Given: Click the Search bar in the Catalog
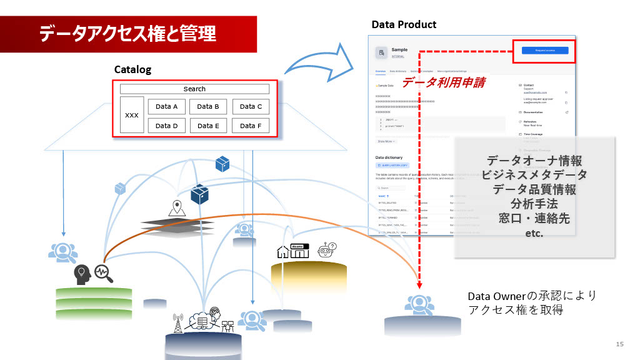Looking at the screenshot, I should tap(194, 89).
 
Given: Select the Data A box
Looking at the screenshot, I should tap(166, 106).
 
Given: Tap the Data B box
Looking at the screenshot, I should tap(208, 106).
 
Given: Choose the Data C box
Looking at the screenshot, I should tap(251, 106).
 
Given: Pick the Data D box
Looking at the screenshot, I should tap(166, 126).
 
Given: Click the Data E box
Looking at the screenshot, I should tap(208, 126).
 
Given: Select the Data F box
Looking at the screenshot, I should tap(251, 126).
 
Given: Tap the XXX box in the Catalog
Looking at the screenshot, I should tap(132, 115).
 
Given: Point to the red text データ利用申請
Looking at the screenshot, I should tap(443, 82).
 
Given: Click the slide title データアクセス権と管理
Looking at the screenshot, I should tap(127, 33).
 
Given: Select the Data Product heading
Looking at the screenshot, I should tap(404, 24).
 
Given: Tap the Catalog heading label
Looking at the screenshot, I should tap(132, 69).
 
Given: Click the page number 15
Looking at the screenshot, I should tap(620, 344).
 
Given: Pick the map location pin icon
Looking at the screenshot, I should tap(177, 207).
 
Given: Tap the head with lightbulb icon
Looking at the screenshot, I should tap(82, 274).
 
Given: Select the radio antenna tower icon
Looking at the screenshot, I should tap(178, 322).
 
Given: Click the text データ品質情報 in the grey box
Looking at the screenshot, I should tap(534, 189).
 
